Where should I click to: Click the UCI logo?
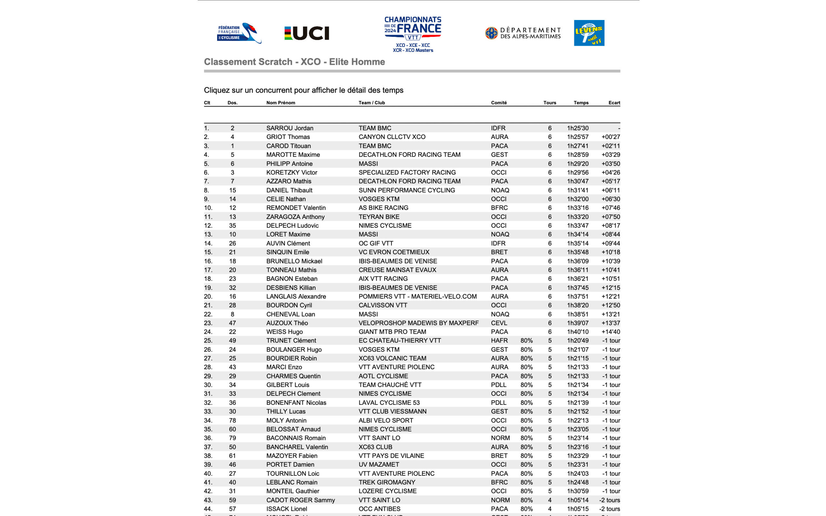(x=307, y=33)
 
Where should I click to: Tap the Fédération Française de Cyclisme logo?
(x=239, y=33)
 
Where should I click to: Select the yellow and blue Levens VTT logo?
(x=589, y=33)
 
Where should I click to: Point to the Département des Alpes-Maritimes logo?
(x=523, y=33)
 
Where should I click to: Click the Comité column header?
(x=499, y=103)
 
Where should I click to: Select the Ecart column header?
(x=614, y=103)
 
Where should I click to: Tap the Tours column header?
(x=549, y=103)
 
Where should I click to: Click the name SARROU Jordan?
(x=289, y=128)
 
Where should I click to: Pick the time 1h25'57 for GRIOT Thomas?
(x=578, y=137)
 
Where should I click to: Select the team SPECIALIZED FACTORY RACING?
(x=407, y=173)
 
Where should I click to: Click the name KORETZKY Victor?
(x=291, y=173)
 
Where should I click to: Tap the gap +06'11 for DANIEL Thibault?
(x=610, y=190)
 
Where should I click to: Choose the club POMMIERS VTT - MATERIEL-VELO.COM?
(x=418, y=297)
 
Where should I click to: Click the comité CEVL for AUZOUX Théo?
(x=499, y=323)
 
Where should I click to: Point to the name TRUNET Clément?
(x=291, y=341)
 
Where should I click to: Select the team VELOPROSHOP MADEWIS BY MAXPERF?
(x=418, y=323)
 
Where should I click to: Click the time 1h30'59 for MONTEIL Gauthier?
(x=578, y=491)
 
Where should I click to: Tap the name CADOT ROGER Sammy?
(x=300, y=500)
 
